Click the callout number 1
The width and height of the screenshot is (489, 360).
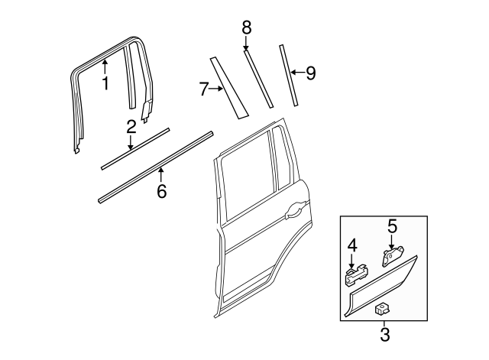point(105,83)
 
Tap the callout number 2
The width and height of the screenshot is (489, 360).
point(131,126)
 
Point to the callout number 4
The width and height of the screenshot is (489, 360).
point(352,245)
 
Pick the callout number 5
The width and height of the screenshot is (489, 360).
point(392,225)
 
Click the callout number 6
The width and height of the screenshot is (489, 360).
point(161,191)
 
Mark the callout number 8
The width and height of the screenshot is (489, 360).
point(246,28)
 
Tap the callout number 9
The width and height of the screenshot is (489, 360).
point(309,73)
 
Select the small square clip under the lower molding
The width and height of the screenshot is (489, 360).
point(380,309)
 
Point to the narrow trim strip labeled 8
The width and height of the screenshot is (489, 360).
point(258,79)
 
